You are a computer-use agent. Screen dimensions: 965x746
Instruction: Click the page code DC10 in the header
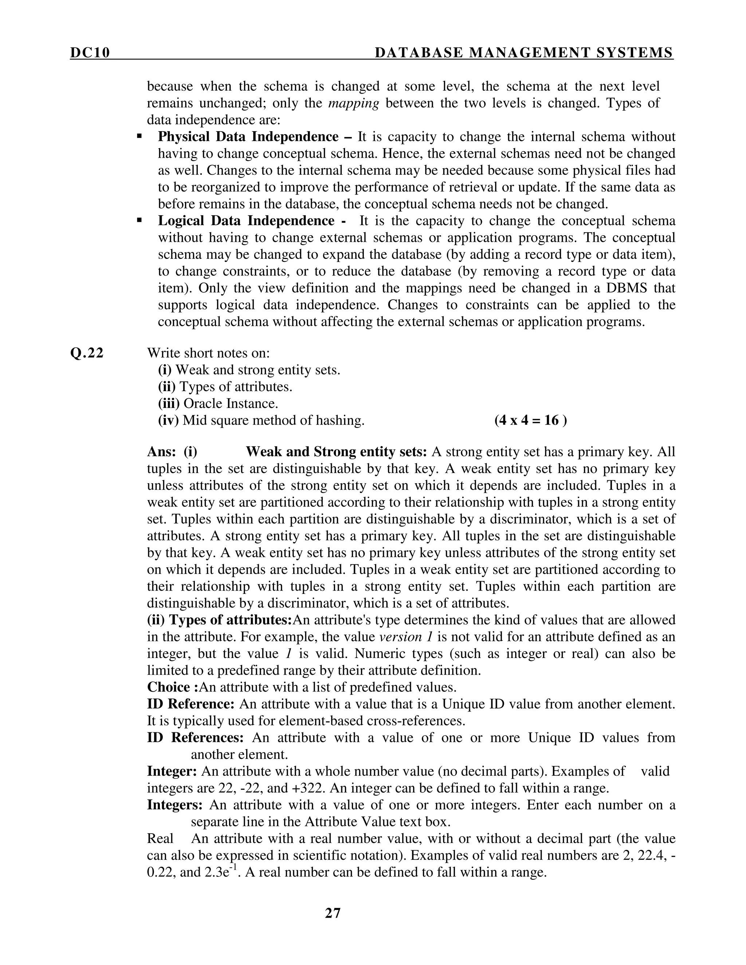pyautogui.click(x=90, y=53)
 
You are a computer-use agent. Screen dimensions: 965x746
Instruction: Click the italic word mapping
pyautogui.click(x=354, y=103)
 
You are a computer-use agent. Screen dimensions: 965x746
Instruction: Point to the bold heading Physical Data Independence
pyautogui.click(x=248, y=137)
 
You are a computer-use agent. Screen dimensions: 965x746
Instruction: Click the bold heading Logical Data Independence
pyautogui.click(x=246, y=220)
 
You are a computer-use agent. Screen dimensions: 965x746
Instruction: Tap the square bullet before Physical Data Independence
pyautogui.click(x=140, y=137)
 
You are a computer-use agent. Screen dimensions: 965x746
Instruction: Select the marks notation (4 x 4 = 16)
pyautogui.click(x=530, y=420)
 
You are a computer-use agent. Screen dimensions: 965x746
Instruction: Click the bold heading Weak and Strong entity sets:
pyautogui.click(x=336, y=452)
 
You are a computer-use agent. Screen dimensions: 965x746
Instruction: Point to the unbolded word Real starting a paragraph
pyautogui.click(x=160, y=838)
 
